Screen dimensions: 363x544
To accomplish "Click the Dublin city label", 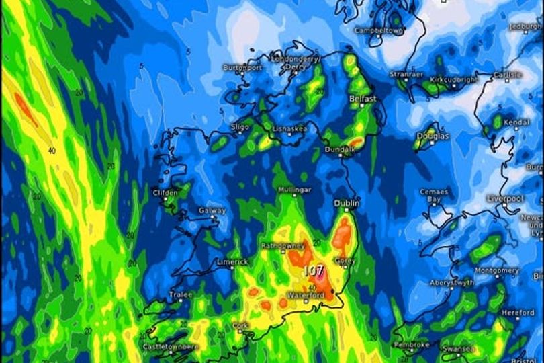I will (347, 203).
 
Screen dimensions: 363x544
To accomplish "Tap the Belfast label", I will (363, 99).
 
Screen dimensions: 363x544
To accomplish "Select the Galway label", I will (212, 210).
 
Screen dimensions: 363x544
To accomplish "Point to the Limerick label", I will (232, 261).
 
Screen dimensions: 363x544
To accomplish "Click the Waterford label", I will (306, 295).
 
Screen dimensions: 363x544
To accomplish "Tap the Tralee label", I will (181, 294).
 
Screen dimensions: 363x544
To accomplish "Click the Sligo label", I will (240, 126).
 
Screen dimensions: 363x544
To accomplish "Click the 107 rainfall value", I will (314, 270).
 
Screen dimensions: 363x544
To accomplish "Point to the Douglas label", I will (433, 136).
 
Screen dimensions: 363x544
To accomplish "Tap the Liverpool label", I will (506, 199).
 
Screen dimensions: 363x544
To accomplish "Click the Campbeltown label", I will (379, 30).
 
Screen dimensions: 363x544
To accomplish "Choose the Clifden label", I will (166, 193).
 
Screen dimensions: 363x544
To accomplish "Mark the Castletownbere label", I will (171, 346).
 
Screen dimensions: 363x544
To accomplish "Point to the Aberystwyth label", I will (452, 283).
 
